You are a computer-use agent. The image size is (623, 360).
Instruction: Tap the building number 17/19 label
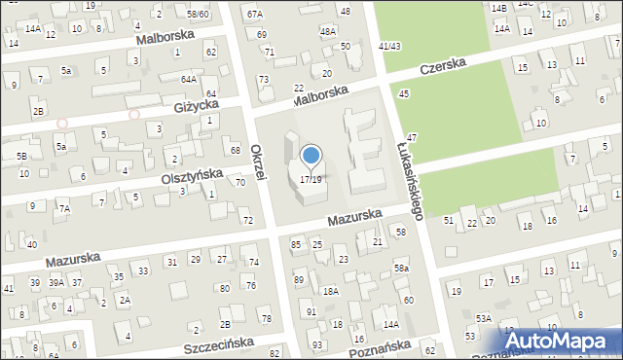coord(311,179)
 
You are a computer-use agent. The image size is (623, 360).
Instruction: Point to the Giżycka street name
coord(196,105)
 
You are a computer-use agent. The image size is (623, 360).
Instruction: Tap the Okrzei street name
coord(259,161)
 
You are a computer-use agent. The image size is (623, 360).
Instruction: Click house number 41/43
coord(389,46)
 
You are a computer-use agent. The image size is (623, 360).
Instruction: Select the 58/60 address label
coord(198,15)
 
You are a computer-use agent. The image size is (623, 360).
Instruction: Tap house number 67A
coord(255,15)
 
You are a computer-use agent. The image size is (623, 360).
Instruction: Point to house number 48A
coord(328,32)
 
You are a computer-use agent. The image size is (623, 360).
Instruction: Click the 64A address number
coord(188,79)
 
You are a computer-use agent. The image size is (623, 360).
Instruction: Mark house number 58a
coord(401,268)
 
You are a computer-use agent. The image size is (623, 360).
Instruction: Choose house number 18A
coord(331,291)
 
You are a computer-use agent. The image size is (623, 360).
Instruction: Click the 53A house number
coord(483,318)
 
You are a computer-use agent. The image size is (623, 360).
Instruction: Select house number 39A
coord(56,282)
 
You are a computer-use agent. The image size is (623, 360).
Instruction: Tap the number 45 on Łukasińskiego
coord(404,92)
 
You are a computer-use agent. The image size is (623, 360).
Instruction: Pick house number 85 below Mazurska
coord(296,243)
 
